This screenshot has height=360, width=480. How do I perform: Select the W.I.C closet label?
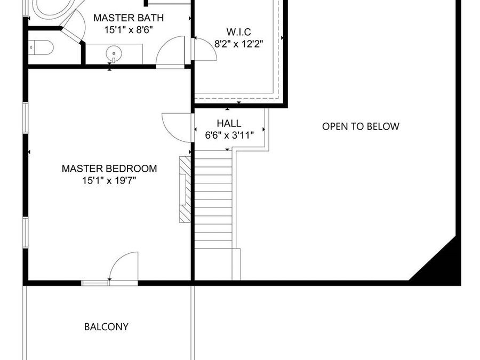point(238,31)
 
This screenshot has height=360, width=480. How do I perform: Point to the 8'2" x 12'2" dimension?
point(238,44)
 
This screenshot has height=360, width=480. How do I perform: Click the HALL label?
point(229,123)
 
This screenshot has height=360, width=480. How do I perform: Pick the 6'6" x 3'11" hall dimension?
point(229,135)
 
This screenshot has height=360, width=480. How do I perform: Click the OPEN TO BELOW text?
point(361,126)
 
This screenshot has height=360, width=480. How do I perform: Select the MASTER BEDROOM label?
point(109,169)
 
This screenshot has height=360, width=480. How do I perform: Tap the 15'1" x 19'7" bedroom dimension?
point(109,181)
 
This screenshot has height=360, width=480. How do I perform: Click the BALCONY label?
point(106,327)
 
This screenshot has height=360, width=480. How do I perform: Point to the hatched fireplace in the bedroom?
point(184,189)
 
